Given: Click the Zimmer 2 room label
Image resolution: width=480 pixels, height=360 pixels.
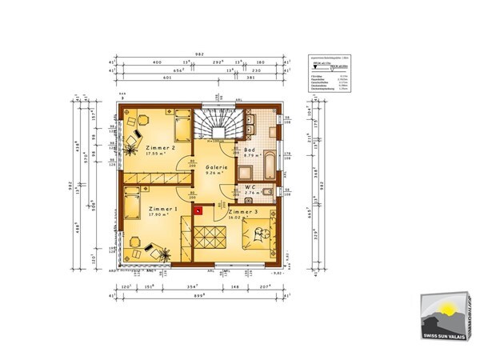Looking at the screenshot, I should tap(162, 148).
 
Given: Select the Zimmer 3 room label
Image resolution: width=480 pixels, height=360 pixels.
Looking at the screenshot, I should tap(242, 212).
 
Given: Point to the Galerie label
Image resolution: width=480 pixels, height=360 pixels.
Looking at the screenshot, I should tap(217, 167).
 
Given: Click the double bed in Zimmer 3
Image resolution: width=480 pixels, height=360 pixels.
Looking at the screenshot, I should tap(259, 233).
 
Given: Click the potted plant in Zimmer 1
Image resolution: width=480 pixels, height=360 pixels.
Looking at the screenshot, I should tap(166, 254).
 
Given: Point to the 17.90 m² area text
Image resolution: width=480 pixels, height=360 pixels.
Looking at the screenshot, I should tap(161, 214).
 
